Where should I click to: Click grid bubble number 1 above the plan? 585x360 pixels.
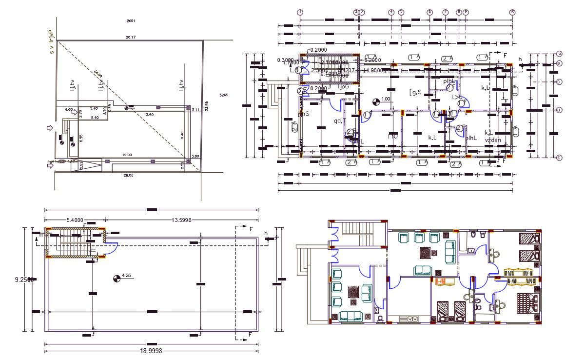coord(300,12)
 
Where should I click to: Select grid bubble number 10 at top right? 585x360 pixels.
coord(512,12)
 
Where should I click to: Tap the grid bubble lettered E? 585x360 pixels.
coord(560,158)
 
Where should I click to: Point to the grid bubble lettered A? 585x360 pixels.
coord(560,54)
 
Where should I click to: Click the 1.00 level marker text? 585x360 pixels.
coord(386,99)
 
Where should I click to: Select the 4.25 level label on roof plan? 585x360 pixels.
coord(126,276)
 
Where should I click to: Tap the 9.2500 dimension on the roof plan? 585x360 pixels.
coord(24,280)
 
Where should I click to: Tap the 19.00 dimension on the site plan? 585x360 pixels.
coord(127,155)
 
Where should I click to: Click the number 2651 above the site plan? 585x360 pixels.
coord(130,20)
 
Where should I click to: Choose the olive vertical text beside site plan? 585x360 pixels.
coord(50,42)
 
